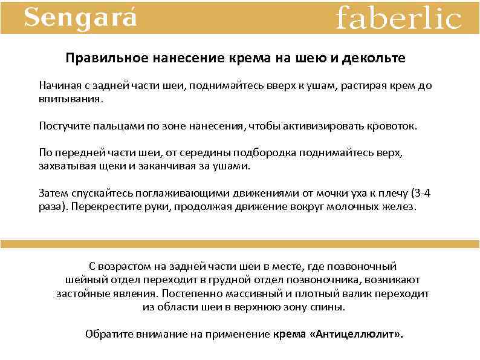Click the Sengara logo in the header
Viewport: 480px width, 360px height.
[80, 18]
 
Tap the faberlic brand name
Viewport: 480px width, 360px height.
[398, 18]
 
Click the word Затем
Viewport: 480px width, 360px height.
[53, 193]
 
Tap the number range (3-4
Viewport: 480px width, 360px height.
[421, 193]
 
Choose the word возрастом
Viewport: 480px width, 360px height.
[123, 266]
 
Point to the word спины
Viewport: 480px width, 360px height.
[331, 307]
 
